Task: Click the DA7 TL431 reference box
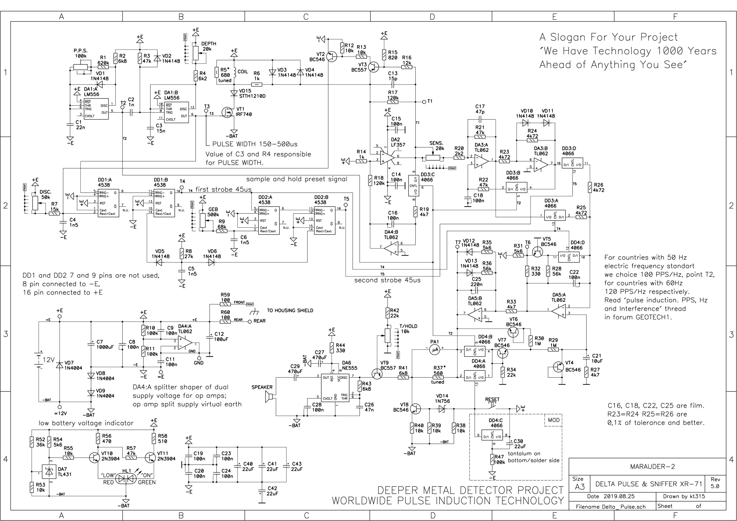tap(49, 472)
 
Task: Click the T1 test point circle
tap(424, 102)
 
